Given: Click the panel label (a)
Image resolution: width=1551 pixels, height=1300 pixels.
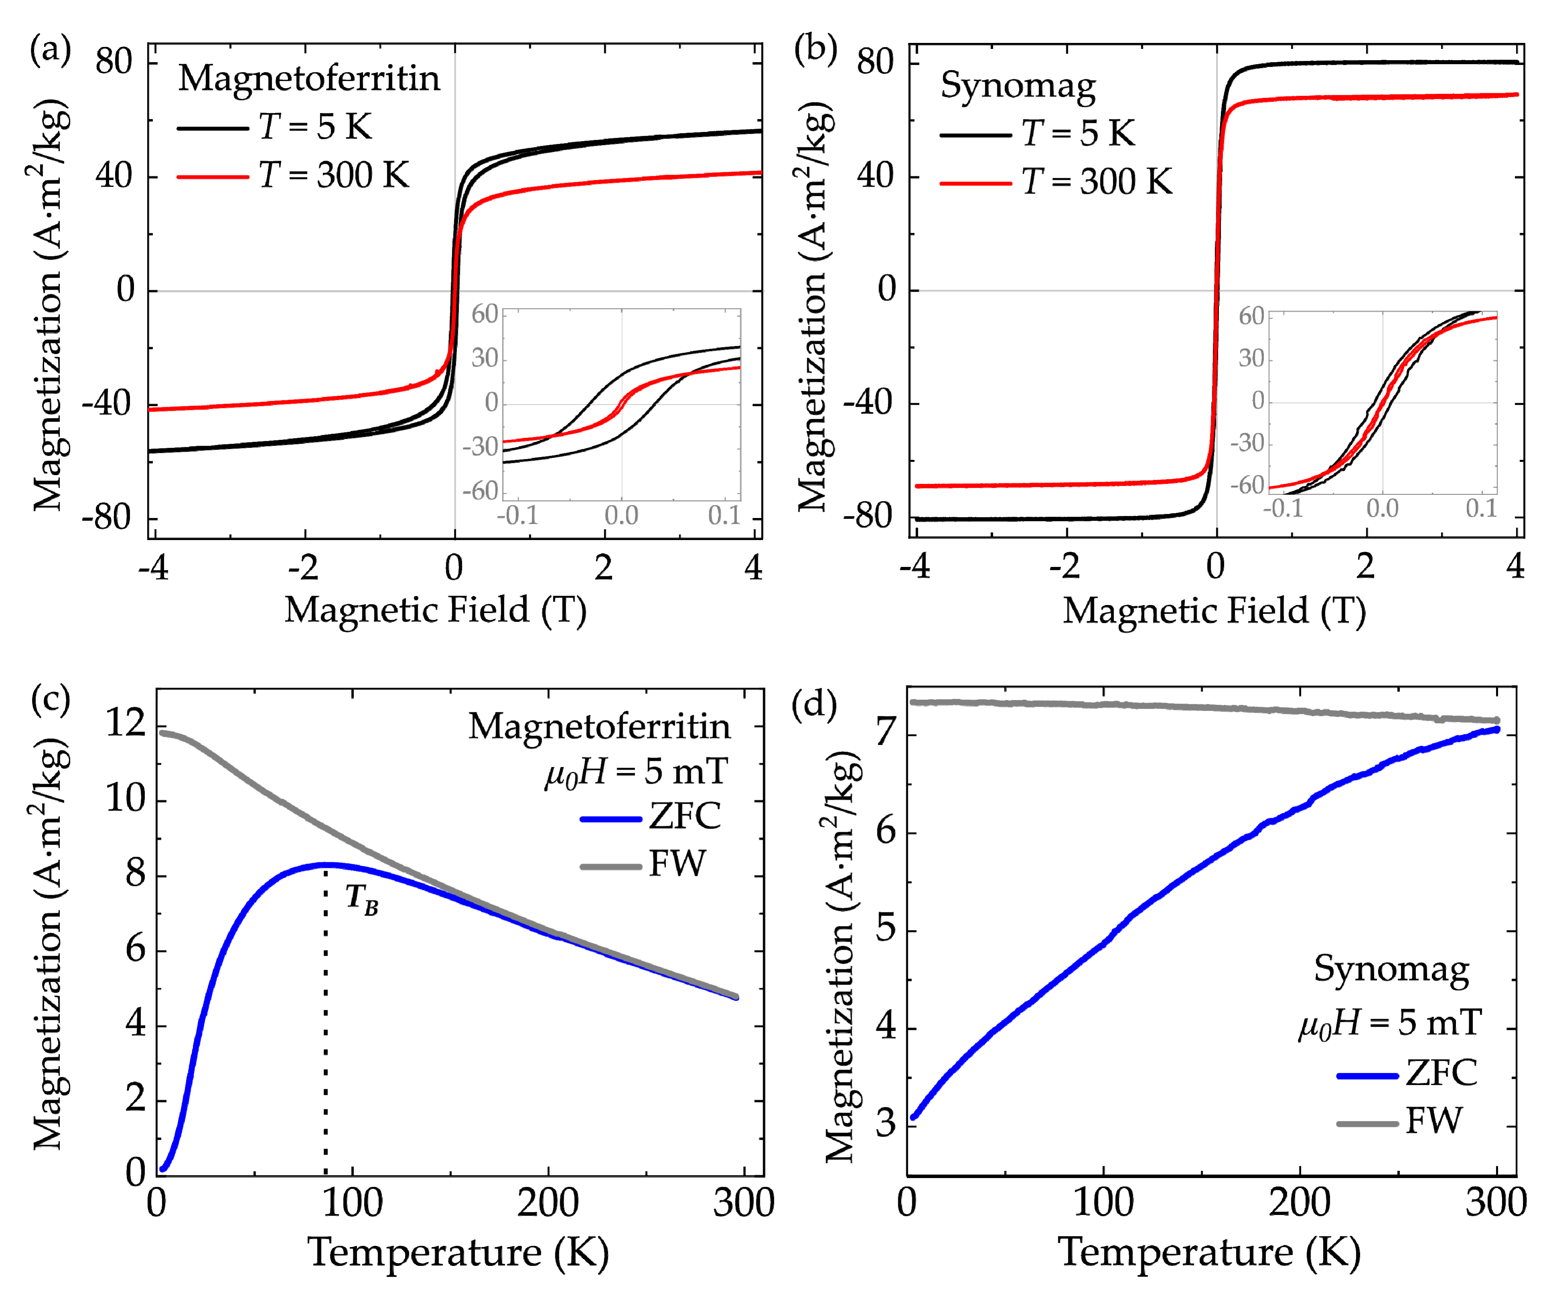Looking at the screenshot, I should pos(50,50).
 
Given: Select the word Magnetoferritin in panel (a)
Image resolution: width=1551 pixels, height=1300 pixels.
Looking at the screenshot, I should pos(309,78).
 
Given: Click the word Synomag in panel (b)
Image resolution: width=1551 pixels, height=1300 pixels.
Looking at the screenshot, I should pos(1018,86).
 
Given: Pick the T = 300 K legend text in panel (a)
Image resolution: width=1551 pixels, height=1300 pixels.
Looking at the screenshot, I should pos(334,176).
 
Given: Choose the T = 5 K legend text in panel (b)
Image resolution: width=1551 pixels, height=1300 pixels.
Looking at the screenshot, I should pos(1078,134).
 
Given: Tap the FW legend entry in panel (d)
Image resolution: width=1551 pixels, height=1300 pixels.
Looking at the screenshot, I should pos(1433,1121).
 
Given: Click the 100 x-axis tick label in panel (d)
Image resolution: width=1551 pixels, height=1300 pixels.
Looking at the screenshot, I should pos(1103,1202).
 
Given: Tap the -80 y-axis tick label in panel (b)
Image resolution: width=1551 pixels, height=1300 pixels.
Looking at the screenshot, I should pos(868,516).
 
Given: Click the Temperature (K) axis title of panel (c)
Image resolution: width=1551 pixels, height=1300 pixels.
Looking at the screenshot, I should pos(458,1252).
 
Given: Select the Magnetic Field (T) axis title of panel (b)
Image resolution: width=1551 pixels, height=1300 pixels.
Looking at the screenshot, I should pos(1214,611).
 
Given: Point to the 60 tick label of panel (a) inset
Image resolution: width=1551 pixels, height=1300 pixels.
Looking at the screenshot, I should pos(485,315).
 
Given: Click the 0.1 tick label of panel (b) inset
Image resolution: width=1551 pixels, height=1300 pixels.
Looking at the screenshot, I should pos(1481,509).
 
